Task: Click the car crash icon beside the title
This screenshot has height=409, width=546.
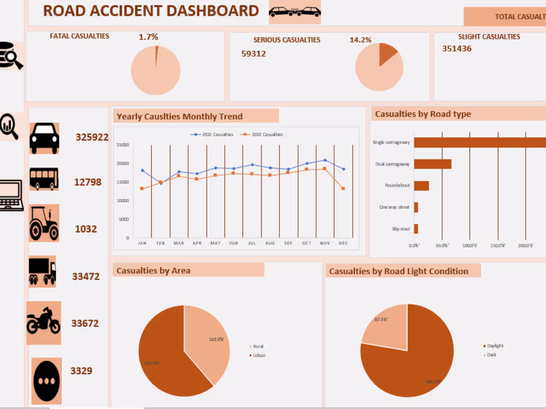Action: coord(294,12)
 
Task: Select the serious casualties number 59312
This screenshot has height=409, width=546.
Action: coord(253,54)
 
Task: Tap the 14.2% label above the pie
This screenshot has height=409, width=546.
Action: coord(360,40)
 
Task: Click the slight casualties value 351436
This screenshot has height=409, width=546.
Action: coord(457,49)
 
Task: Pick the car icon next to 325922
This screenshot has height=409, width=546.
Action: coord(44,138)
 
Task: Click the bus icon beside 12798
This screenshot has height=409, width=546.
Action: coord(44,179)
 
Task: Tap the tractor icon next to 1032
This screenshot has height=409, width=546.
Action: coord(44,223)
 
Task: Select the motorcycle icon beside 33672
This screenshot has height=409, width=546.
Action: coord(44,322)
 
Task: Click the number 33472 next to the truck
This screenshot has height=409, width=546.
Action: coord(86,277)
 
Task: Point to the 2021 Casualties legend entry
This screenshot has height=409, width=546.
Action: coord(212,134)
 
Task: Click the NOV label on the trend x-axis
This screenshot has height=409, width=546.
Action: coord(325,243)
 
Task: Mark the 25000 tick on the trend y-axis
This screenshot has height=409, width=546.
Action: coord(123,145)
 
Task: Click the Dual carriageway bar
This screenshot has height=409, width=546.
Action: coord(432,164)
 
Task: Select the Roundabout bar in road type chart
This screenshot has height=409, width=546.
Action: coord(421,185)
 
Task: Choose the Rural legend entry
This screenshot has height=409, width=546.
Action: coord(258,347)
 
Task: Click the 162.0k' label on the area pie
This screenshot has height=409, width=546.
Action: coord(216,339)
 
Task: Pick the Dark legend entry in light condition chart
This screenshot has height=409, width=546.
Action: coord(491,355)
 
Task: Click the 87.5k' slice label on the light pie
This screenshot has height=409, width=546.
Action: coord(381,319)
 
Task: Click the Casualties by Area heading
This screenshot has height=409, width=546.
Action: coord(153,271)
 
